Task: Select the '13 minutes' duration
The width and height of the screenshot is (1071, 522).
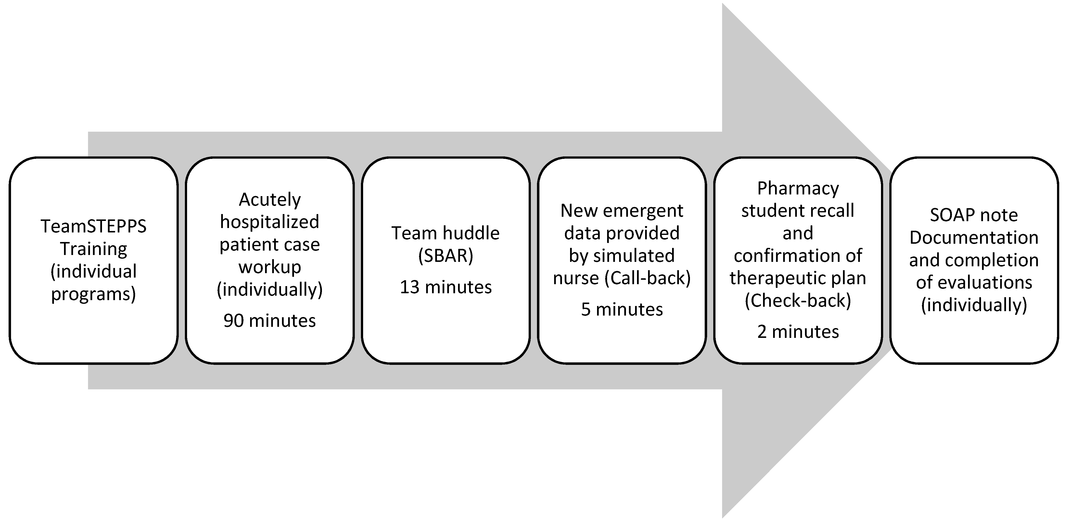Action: [x=446, y=287]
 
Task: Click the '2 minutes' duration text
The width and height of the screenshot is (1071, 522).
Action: [x=798, y=332]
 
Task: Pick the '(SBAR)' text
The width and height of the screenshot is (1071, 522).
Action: [x=446, y=255]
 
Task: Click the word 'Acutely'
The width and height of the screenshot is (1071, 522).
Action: [x=269, y=200]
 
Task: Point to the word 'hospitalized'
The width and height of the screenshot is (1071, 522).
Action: [x=269, y=222]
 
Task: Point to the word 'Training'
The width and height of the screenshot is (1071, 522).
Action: [x=94, y=249]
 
